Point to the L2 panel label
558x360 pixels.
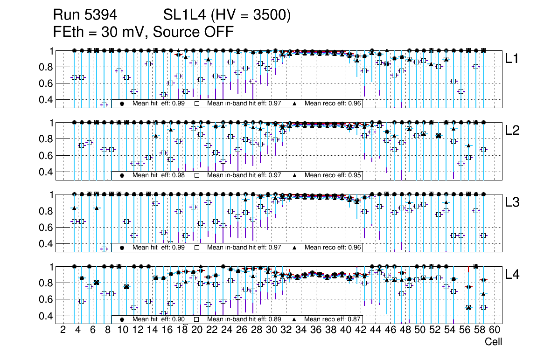tap(512, 131)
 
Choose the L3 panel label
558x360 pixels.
tap(512, 202)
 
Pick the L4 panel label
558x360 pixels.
tap(512, 275)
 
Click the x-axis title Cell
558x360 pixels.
tap(493, 342)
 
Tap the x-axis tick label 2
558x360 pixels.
tap(63, 330)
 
